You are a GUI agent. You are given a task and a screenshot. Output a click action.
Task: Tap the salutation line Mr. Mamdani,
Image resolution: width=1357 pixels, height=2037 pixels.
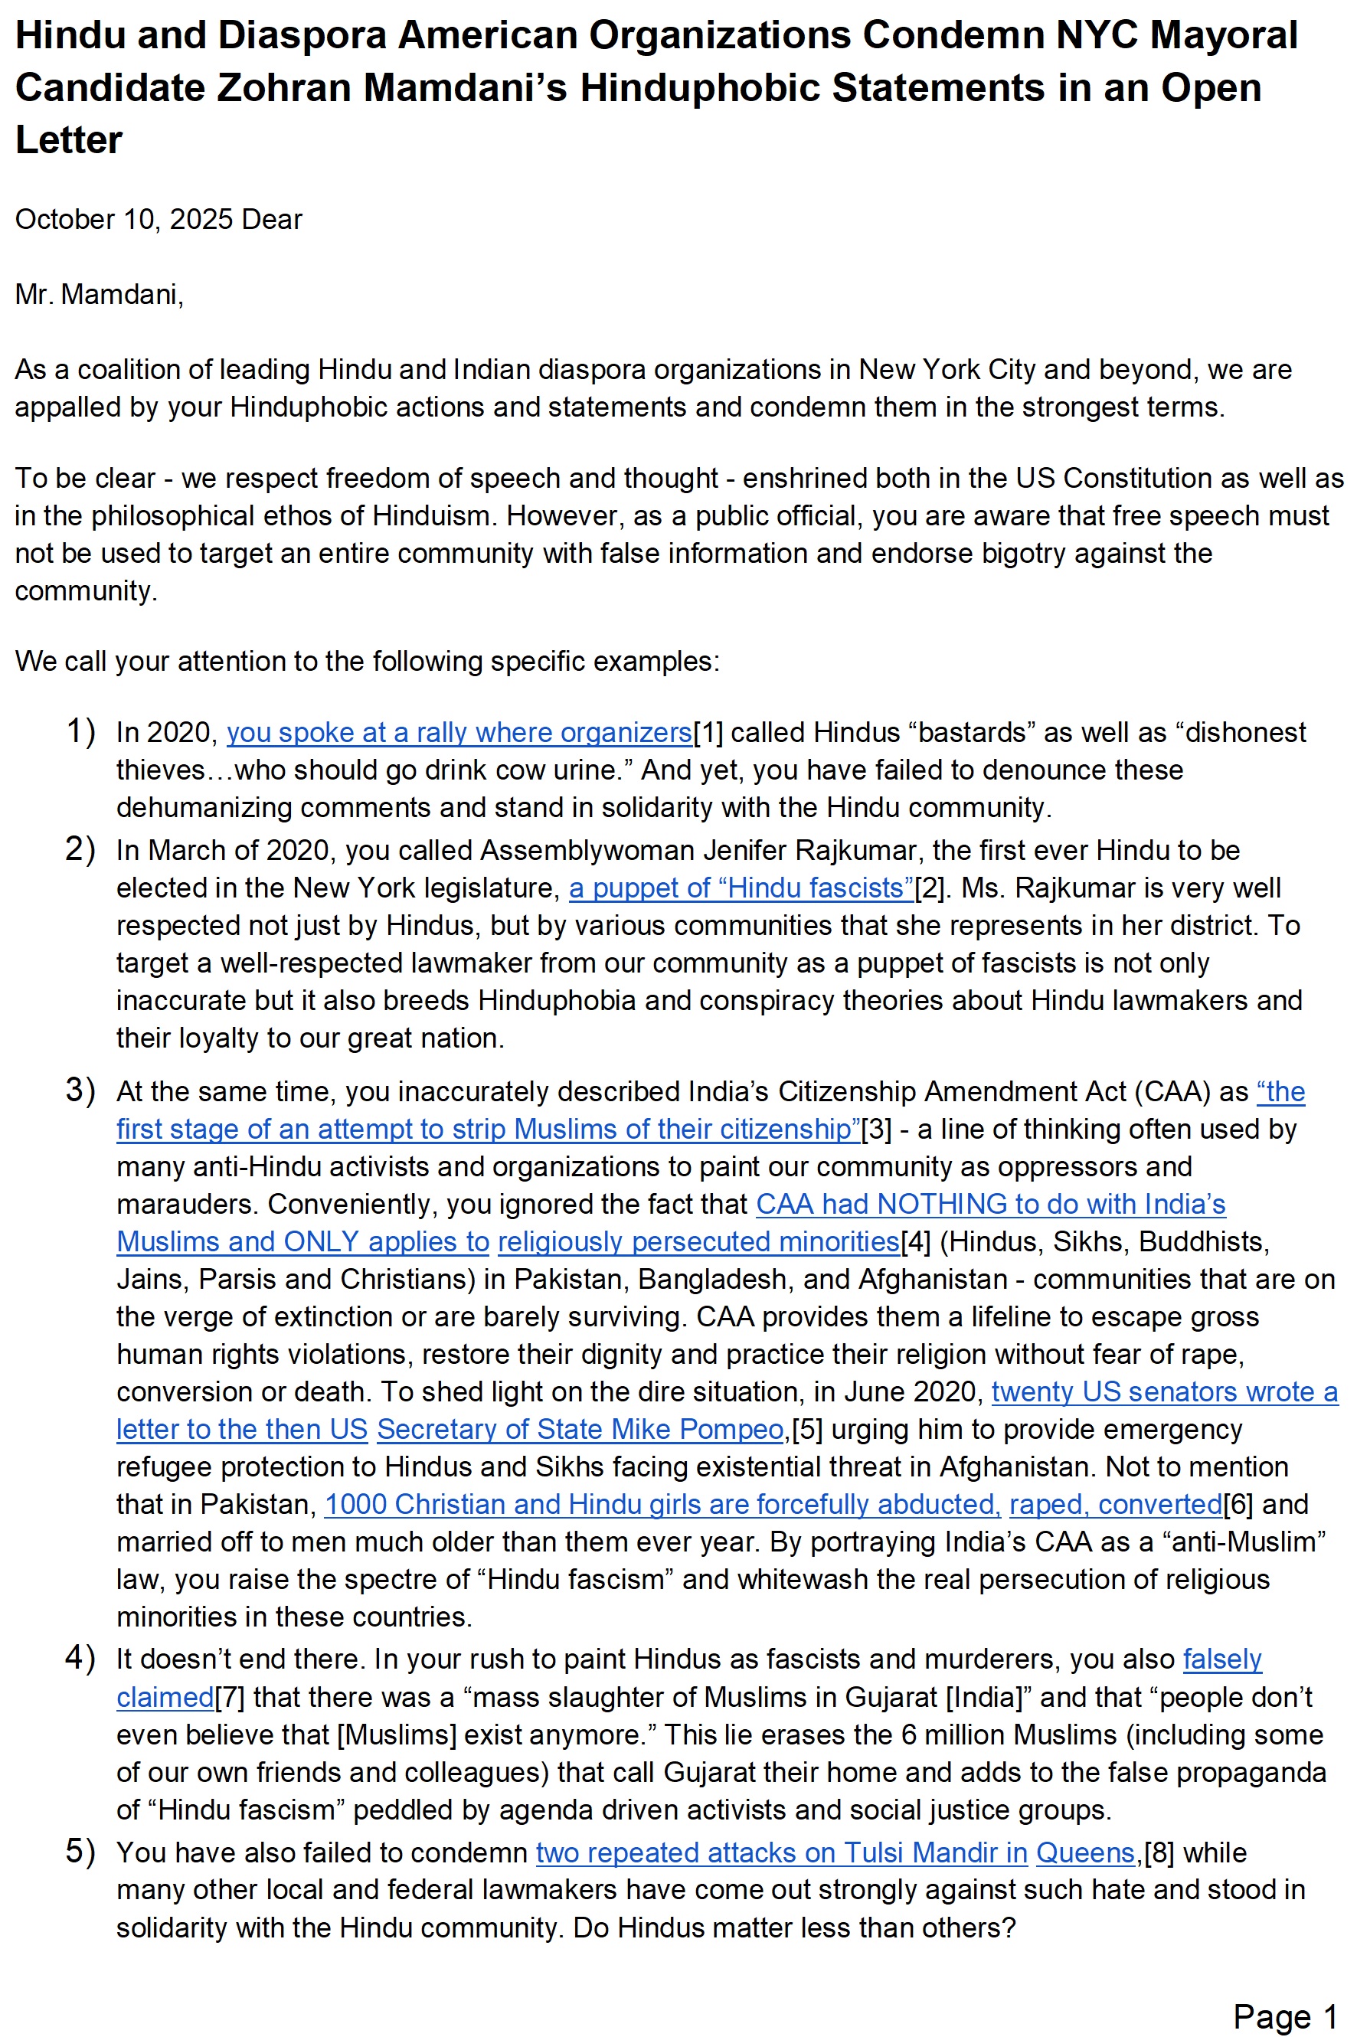[99, 294]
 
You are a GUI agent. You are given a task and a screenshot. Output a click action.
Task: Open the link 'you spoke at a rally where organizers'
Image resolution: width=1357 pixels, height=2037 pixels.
[459, 732]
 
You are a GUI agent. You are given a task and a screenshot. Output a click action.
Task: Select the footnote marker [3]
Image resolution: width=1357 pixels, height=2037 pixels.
[876, 1130]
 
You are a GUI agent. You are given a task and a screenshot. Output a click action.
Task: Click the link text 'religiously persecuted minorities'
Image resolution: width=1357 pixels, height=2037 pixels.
[698, 1242]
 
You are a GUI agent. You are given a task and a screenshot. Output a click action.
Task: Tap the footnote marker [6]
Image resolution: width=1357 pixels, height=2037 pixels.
[1238, 1504]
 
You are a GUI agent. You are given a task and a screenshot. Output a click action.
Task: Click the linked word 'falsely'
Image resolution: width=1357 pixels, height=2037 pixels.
[1222, 1659]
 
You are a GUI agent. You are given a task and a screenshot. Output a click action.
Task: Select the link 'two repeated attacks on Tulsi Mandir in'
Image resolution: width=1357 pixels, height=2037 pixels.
[781, 1852]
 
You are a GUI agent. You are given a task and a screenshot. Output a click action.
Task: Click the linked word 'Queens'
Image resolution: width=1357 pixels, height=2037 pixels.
[1085, 1852]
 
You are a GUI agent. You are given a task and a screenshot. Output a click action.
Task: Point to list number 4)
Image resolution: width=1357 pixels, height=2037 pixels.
[80, 1658]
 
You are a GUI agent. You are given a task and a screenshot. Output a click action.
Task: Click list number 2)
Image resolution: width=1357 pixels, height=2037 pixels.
[80, 850]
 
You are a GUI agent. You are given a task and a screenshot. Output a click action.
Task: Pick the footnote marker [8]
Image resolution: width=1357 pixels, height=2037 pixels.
[1159, 1852]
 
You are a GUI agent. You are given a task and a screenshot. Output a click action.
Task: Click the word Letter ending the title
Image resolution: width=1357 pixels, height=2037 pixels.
[69, 140]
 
